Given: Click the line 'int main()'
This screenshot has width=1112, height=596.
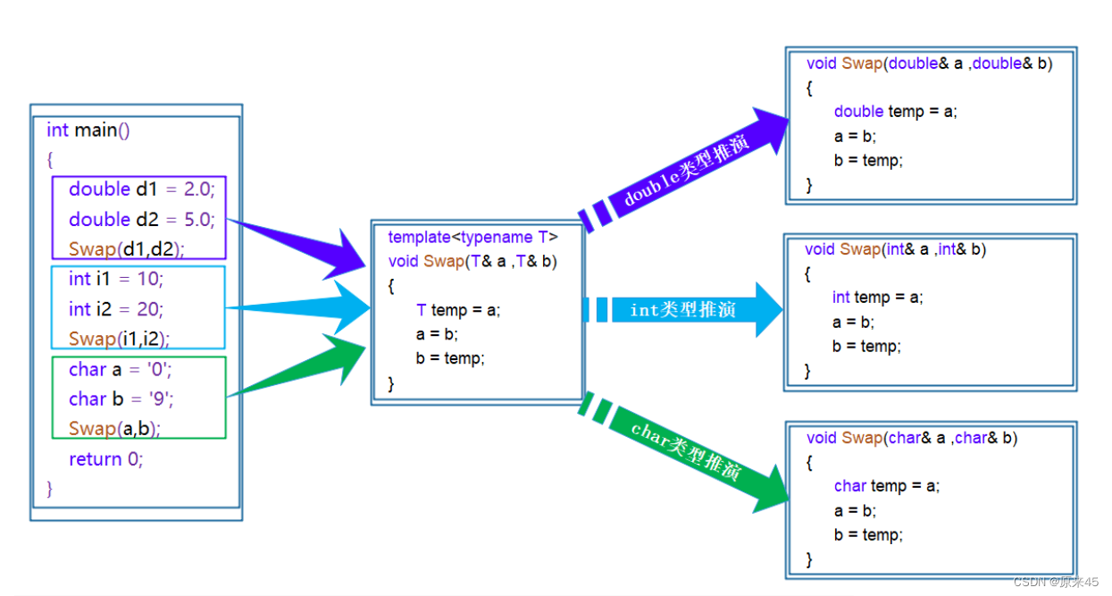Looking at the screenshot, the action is pyautogui.click(x=88, y=130).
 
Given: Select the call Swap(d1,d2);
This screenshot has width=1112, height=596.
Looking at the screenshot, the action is pyautogui.click(x=127, y=248).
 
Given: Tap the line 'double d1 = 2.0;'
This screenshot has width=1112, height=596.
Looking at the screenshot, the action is pyautogui.click(x=142, y=189).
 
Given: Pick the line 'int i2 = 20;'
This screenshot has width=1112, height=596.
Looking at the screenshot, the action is pyautogui.click(x=116, y=309).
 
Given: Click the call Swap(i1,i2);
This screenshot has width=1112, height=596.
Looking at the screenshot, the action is pyautogui.click(x=119, y=339).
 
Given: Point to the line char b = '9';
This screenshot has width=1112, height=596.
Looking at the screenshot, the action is pyautogui.click(x=121, y=399).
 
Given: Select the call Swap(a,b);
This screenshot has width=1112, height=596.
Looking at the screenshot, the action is pyautogui.click(x=114, y=429).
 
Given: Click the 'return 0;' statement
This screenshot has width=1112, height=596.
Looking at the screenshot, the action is pyautogui.click(x=105, y=459).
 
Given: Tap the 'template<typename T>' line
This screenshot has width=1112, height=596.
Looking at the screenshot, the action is pyautogui.click(x=473, y=237).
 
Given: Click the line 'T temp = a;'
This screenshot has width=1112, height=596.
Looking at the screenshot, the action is pyautogui.click(x=458, y=310).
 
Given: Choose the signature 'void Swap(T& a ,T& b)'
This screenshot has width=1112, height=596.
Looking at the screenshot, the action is pyautogui.click(x=472, y=261).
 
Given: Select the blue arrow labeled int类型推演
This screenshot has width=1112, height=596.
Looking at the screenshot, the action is pyautogui.click(x=683, y=309).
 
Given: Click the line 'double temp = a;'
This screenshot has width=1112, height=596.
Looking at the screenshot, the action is pyautogui.click(x=896, y=112).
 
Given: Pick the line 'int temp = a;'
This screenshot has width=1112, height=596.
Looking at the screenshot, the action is pyautogui.click(x=878, y=297).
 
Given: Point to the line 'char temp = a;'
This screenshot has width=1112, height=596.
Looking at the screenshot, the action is pyautogui.click(x=887, y=486).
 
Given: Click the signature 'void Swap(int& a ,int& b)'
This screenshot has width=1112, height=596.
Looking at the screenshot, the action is pyautogui.click(x=896, y=248).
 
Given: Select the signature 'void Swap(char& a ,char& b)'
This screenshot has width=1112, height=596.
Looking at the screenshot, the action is pyautogui.click(x=912, y=438).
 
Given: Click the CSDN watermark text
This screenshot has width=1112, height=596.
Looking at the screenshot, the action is pyautogui.click(x=1056, y=582).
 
